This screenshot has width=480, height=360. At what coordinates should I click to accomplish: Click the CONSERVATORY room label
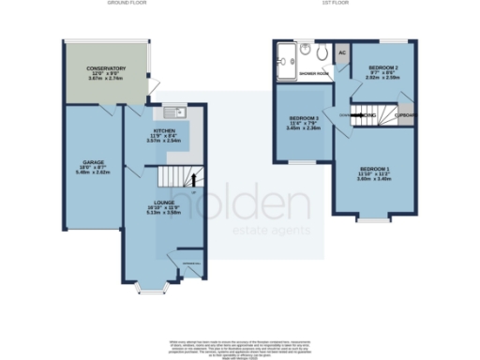tap(106, 68)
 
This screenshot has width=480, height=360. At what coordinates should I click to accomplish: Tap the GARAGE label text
tap(91, 162)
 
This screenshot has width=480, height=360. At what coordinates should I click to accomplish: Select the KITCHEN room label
tap(165, 132)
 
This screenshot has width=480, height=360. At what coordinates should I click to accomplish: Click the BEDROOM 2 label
tap(384, 69)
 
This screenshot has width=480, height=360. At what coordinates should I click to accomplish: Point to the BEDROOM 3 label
tap(306, 117)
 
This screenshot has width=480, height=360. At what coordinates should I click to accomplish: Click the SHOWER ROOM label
tap(312, 72)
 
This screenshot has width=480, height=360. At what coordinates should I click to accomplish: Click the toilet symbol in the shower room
tap(322, 53)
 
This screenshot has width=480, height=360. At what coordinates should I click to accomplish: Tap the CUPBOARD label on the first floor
tap(405, 115)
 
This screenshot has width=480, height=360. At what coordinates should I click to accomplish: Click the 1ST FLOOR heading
tap(335, 4)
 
